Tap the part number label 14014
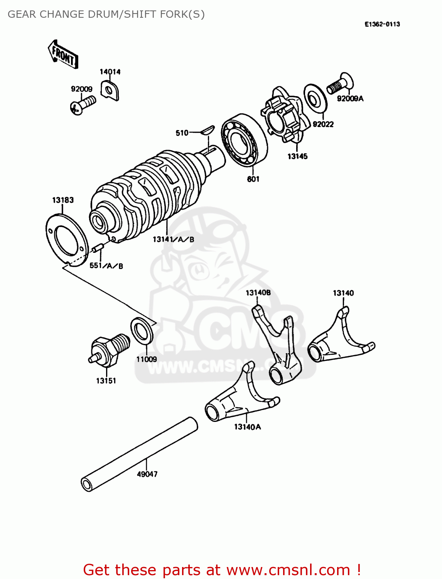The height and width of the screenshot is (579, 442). click(110, 72)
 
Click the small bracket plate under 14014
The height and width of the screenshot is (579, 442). click(110, 90)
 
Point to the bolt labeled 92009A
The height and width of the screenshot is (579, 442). click(341, 84)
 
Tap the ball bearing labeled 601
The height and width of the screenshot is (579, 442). click(244, 140)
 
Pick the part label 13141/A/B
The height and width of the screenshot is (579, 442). click(173, 239)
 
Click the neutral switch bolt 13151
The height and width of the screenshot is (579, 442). click(109, 350)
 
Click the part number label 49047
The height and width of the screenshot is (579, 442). click(147, 474)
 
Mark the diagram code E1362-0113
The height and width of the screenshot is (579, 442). click(382, 24)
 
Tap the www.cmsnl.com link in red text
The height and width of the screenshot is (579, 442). click(288, 570)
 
